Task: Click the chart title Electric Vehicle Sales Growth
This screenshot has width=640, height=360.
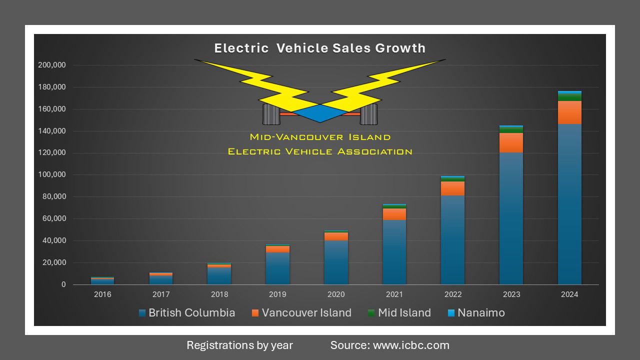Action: click(320, 48)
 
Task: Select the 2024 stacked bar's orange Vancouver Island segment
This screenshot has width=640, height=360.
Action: click(569, 112)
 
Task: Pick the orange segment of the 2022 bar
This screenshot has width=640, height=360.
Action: click(452, 188)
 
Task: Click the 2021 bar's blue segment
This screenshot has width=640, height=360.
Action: click(394, 252)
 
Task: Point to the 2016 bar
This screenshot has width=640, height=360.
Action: click(102, 281)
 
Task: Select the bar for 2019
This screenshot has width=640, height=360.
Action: click(277, 265)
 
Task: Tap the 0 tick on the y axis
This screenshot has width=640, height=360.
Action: click(63, 284)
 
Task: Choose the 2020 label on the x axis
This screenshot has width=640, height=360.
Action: click(336, 294)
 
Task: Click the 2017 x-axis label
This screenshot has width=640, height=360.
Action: click(161, 294)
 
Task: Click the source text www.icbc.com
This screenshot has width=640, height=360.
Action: click(389, 345)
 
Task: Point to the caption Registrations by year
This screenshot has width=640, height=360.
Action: click(239, 345)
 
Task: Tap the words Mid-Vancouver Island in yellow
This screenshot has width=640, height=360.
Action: click(320, 137)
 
